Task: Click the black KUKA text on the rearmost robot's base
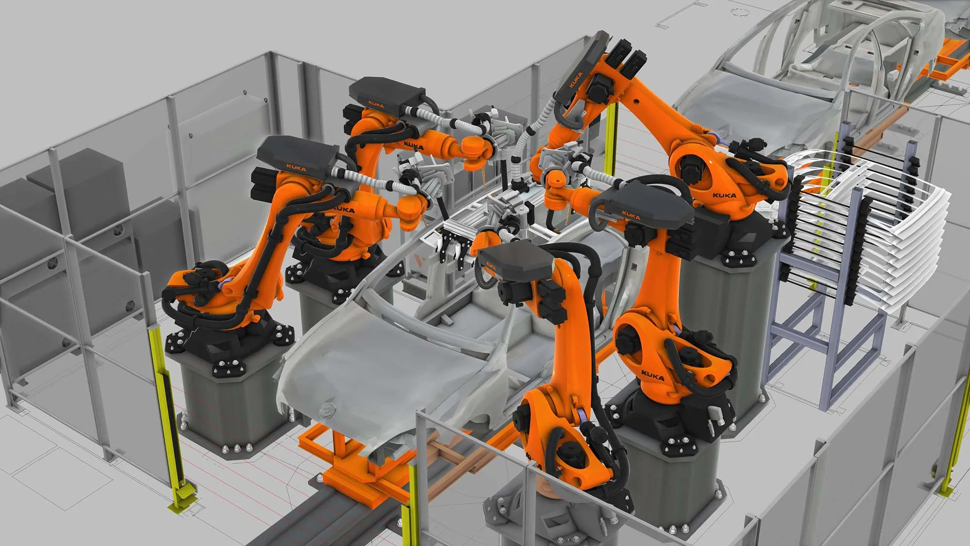point(724,196)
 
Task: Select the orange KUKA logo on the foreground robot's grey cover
point(491,266)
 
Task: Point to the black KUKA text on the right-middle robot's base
point(652,374)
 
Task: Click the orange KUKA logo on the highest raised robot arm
point(576,80)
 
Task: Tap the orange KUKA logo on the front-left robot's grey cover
point(296,168)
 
